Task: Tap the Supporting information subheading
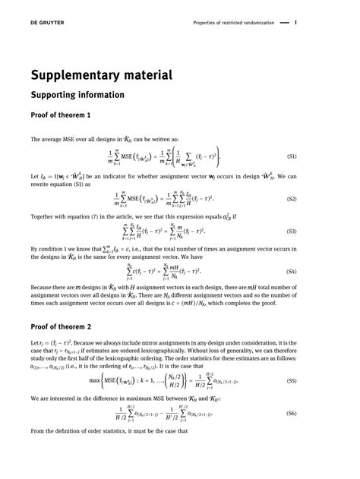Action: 77,96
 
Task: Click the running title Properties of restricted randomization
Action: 231,22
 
